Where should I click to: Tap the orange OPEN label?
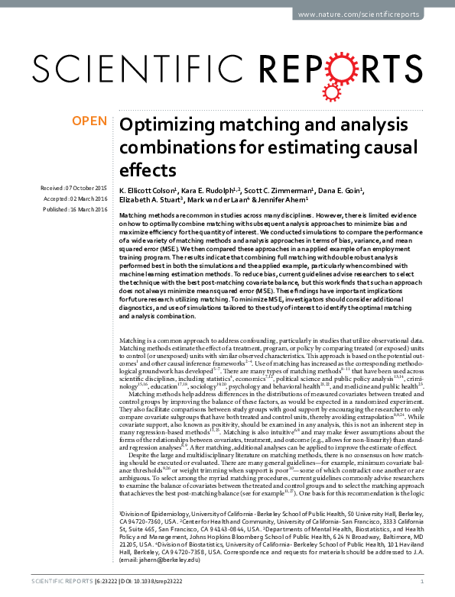coord(89,121)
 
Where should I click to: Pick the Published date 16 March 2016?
coord(76,208)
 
